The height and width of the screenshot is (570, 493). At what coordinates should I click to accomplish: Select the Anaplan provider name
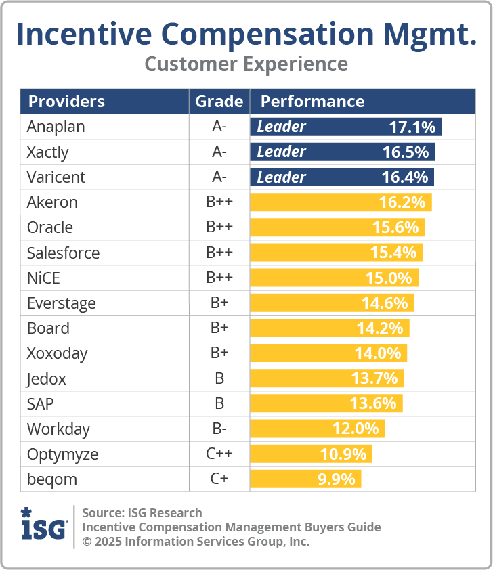click(x=56, y=127)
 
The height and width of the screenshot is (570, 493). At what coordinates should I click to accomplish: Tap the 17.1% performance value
click(x=412, y=127)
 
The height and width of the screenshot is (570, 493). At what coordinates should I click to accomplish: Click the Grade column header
click(x=219, y=102)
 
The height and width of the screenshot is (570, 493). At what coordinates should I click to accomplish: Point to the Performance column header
click(x=312, y=102)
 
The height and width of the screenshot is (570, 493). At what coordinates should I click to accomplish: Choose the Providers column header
click(x=66, y=102)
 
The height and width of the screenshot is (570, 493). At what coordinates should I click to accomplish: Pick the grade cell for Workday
click(x=219, y=429)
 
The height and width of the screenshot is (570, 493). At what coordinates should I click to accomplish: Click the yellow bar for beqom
click(x=305, y=479)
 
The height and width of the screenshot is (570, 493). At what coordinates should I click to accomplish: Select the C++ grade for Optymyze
click(x=219, y=454)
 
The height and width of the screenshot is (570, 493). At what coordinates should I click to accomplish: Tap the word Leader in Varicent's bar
click(x=282, y=177)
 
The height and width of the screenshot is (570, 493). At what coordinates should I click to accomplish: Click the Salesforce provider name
click(x=63, y=253)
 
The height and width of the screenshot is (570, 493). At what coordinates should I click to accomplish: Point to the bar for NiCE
click(x=334, y=278)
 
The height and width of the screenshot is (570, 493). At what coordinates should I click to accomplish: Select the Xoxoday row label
click(x=57, y=353)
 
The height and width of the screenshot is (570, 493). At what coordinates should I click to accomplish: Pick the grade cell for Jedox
click(x=219, y=379)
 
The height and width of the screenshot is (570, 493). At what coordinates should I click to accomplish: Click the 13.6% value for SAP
click(x=373, y=404)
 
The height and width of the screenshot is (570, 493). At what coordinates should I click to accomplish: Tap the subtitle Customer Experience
click(x=246, y=64)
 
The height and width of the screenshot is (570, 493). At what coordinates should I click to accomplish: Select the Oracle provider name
click(x=50, y=227)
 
